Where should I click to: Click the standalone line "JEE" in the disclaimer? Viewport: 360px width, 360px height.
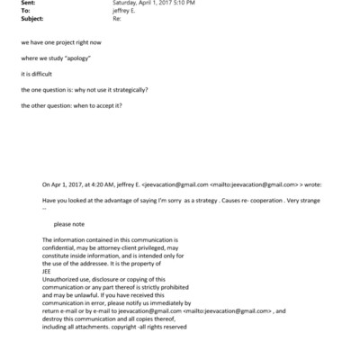[x=48, y=270]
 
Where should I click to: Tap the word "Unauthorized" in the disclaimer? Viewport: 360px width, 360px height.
[x=64, y=277]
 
